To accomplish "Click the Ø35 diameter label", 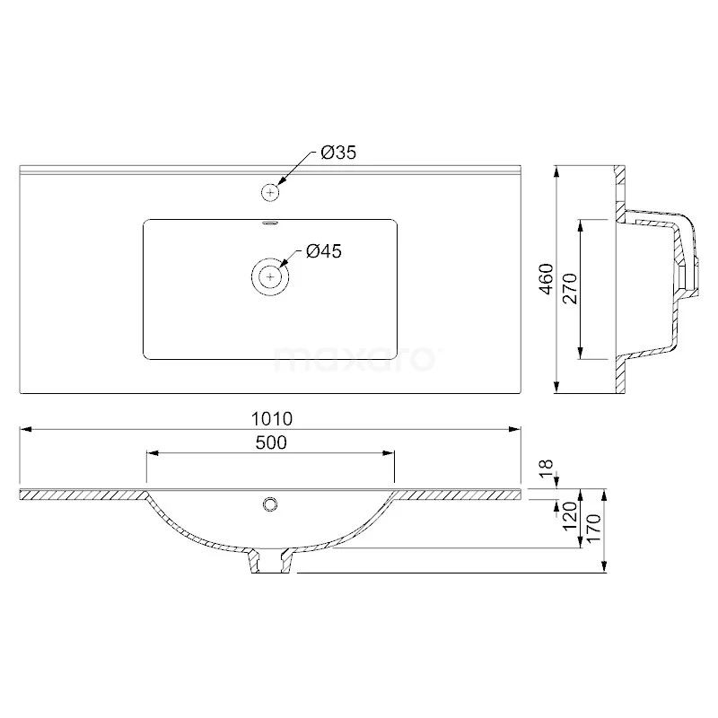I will (339, 153).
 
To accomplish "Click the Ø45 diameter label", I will (323, 252).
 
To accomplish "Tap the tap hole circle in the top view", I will (270, 191).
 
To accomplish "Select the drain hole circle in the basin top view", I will (270, 276).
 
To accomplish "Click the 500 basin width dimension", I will (269, 442).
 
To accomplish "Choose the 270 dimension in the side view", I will (568, 288).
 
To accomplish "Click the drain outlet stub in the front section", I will (270, 560).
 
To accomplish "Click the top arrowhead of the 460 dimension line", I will (556, 171).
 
